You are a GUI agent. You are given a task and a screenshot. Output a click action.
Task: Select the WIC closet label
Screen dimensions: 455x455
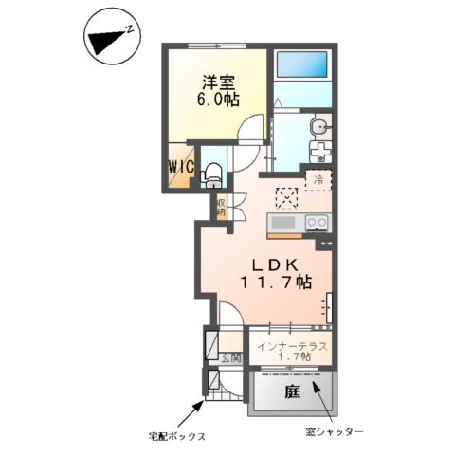[x=181, y=168]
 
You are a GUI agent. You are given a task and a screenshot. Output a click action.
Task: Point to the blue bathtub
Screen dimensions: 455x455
[x=301, y=66]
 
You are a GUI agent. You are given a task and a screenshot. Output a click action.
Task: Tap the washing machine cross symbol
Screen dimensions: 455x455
[x=320, y=152]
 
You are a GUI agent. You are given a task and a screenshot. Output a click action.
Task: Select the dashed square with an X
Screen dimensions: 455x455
[x=285, y=197]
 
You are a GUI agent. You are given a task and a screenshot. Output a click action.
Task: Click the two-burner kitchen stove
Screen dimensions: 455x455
[x=316, y=224]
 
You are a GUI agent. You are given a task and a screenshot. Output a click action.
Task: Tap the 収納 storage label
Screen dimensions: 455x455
[x=220, y=208]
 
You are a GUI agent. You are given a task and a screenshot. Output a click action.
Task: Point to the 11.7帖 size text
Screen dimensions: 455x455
[x=276, y=282]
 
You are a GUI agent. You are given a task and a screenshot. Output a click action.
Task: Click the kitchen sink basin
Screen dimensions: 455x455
[x=284, y=223]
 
